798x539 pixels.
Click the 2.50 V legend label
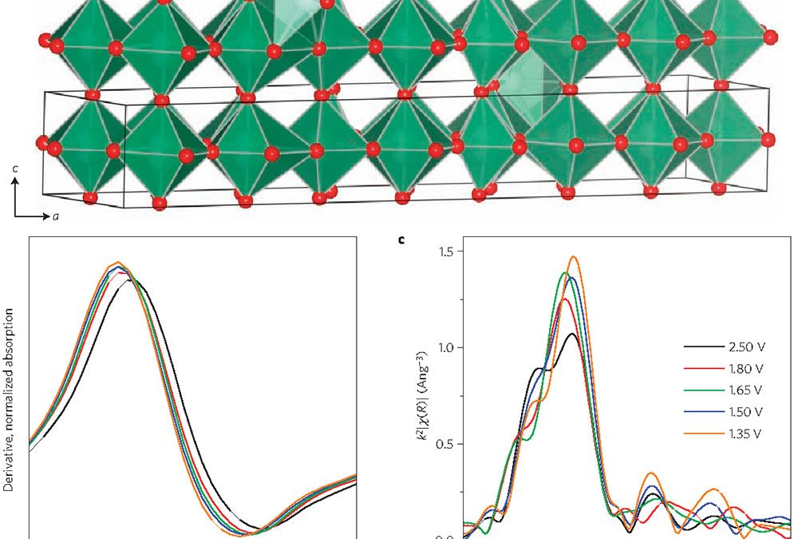[746, 347]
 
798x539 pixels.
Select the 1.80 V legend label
[746, 369]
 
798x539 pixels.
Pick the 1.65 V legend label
[746, 390]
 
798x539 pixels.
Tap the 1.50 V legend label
[746, 412]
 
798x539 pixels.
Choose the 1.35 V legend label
[746, 434]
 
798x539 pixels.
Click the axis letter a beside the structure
[55, 216]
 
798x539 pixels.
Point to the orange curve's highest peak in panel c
[573, 257]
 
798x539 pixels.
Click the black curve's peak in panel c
[572, 335]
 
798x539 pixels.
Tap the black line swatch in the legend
[700, 347]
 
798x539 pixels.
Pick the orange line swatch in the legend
[700, 434]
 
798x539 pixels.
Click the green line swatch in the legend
[700, 390]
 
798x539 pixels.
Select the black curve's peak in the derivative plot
[130, 280]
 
